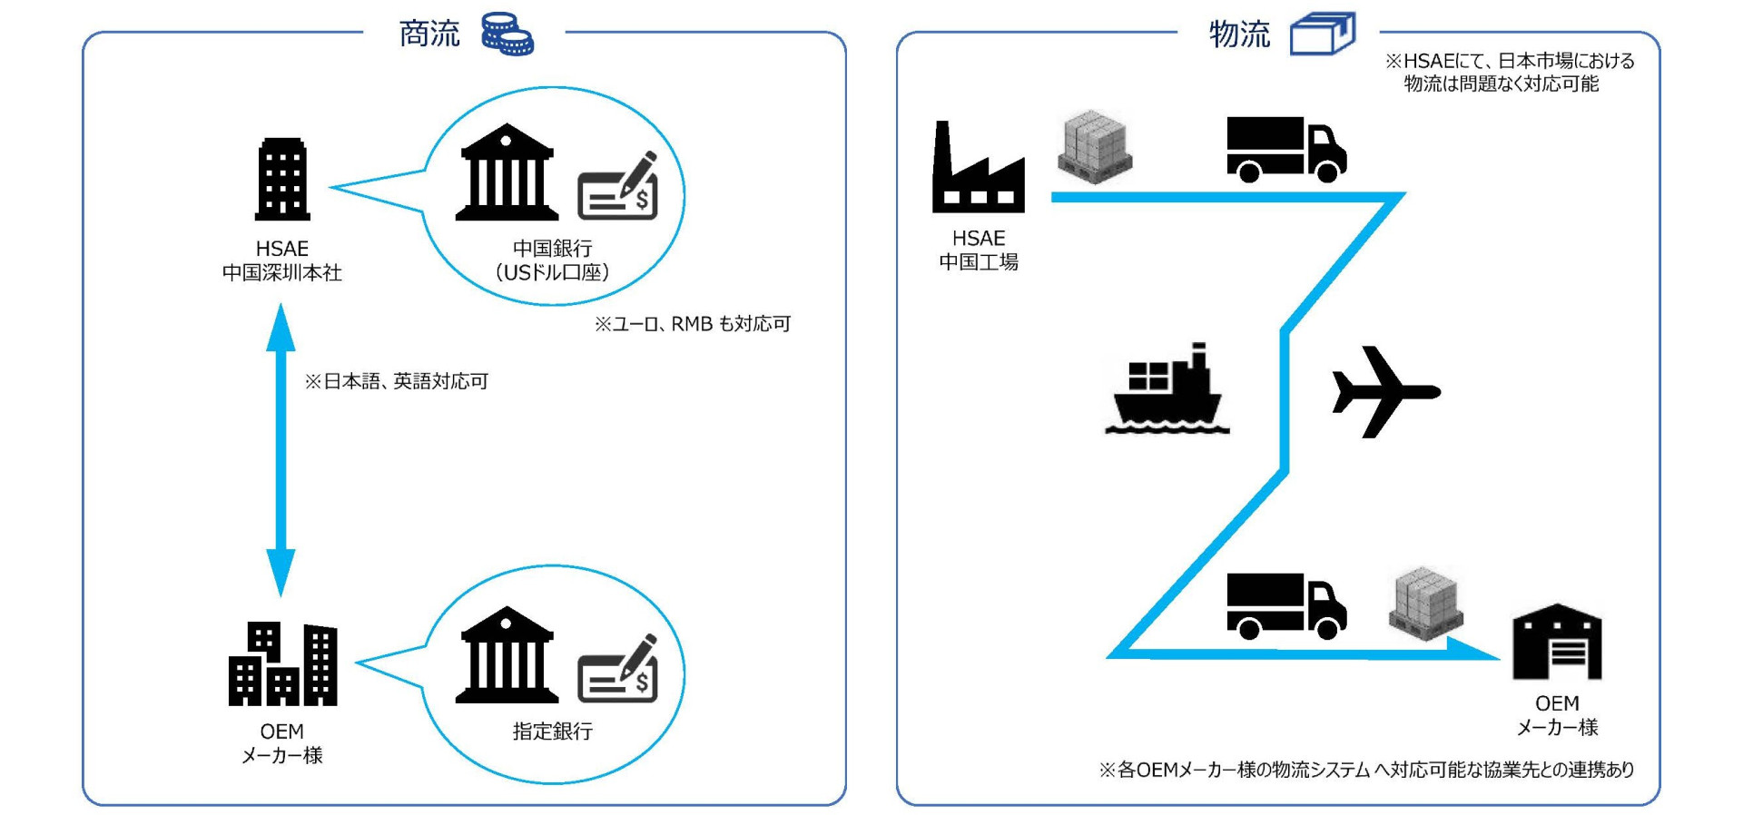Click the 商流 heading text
[429, 34]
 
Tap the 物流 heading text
[1239, 34]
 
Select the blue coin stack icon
[507, 34]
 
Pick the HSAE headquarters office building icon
[282, 180]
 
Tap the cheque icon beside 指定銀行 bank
[618, 669]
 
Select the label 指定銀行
[552, 732]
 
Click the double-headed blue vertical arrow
[281, 449]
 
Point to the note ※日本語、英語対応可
[397, 381]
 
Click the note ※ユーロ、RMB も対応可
[693, 324]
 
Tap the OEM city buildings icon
[282, 664]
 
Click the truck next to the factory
[1285, 150]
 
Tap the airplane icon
[1383, 391]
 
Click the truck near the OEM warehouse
[1285, 605]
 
